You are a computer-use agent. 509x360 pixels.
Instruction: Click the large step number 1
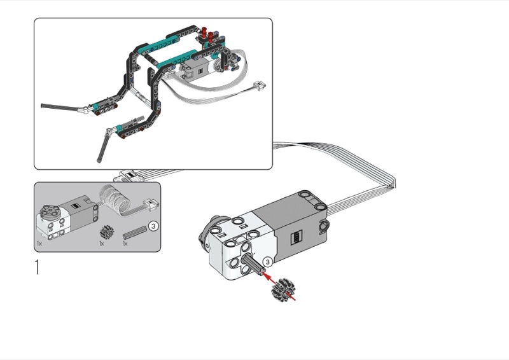click(38, 267)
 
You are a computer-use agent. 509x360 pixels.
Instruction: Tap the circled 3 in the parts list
click(154, 226)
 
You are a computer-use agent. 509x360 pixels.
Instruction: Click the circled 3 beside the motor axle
click(267, 261)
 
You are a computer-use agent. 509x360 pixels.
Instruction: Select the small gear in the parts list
click(106, 232)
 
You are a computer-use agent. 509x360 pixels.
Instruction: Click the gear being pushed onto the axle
click(280, 289)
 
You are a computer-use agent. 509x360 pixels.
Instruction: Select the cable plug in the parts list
click(151, 204)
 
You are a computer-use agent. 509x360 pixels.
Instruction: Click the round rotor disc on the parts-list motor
click(52, 211)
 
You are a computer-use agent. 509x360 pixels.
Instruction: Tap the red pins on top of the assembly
click(207, 34)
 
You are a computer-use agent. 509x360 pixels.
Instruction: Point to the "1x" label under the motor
click(39, 243)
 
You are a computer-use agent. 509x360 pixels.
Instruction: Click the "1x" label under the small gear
click(102, 244)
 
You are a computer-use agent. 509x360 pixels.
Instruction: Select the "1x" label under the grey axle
click(125, 244)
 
